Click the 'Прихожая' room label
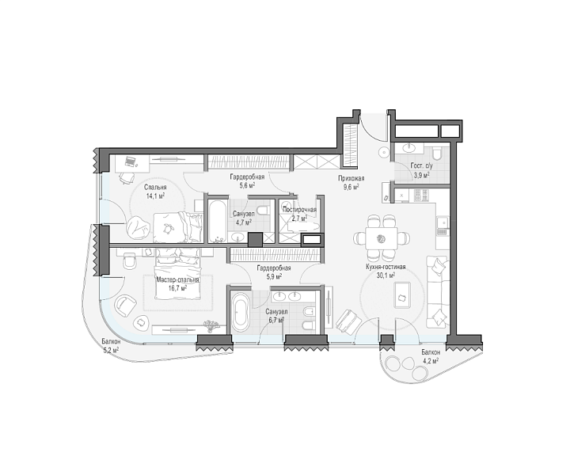pos(351,178)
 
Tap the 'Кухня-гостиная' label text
pos(386,267)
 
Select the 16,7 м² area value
pos(178,288)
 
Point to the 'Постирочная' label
pos(299,210)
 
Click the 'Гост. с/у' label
pos(421,165)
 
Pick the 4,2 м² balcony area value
pos(431,360)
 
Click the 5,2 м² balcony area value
pos(111,350)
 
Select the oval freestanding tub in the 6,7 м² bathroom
pos(240,310)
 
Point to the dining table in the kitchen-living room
pos(381,238)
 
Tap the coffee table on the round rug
pos(402,294)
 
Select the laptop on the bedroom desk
pos(129,160)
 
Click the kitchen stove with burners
pos(422,196)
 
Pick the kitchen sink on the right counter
pos(443,222)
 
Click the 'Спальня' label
pos(155,188)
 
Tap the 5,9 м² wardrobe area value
pos(274,276)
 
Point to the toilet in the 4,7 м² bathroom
pos(263,210)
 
